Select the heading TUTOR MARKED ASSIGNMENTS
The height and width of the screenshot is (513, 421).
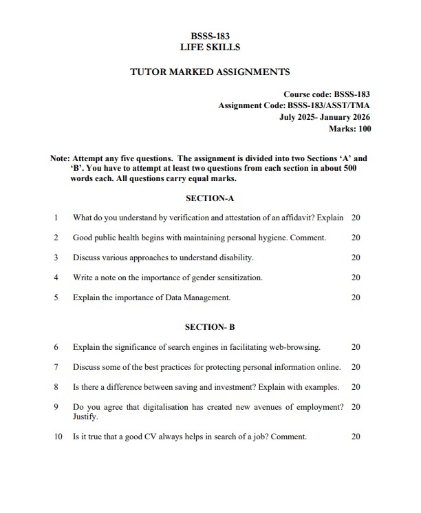(210, 72)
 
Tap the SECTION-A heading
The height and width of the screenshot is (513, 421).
(210, 198)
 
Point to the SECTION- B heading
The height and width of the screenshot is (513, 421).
(210, 327)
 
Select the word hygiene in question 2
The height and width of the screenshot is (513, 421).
(273, 238)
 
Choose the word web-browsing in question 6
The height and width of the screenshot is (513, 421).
(294, 347)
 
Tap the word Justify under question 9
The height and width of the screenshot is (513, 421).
(85, 417)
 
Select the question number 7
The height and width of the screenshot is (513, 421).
(55, 367)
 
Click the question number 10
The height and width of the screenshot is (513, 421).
(57, 437)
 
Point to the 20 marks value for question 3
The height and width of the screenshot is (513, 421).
(356, 258)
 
